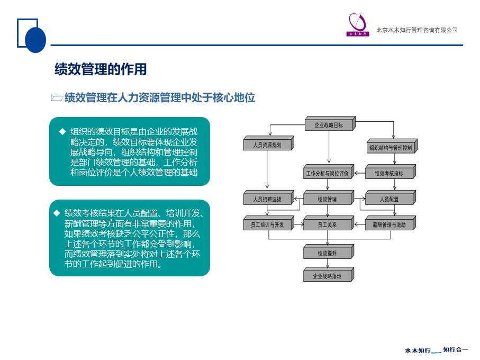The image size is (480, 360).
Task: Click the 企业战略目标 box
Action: tap(330, 124)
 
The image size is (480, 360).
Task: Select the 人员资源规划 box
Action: tap(268, 143)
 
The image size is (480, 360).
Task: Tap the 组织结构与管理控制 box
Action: tap(392, 146)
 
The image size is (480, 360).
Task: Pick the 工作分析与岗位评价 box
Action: tap(329, 172)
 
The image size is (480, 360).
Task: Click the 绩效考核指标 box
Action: tap(391, 172)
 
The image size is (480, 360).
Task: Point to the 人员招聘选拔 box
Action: tap(268, 198)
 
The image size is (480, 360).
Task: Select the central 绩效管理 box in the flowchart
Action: tap(329, 198)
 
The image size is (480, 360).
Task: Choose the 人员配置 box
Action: tap(391, 198)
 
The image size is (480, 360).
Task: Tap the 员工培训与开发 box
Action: tap(268, 223)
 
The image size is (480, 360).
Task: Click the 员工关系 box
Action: tap(329, 223)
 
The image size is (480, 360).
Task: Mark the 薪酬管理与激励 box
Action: tap(391, 223)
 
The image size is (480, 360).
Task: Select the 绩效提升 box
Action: tap(329, 251)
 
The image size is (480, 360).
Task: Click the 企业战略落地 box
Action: tap(329, 275)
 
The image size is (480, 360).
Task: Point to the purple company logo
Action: tap(358, 24)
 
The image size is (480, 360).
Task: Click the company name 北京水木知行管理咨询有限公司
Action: tap(417, 30)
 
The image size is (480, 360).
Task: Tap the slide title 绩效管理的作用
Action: tap(101, 69)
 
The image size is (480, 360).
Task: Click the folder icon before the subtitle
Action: tap(57, 97)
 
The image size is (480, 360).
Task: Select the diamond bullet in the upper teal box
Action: tap(62, 132)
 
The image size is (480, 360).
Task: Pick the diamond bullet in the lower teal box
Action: tap(57, 213)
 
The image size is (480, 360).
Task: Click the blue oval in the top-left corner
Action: tap(35, 40)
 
